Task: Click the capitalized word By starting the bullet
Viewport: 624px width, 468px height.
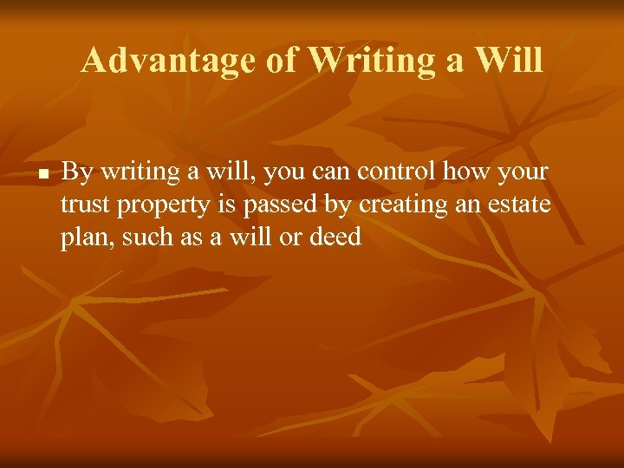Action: point(77,172)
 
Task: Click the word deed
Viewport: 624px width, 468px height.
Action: point(335,236)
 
